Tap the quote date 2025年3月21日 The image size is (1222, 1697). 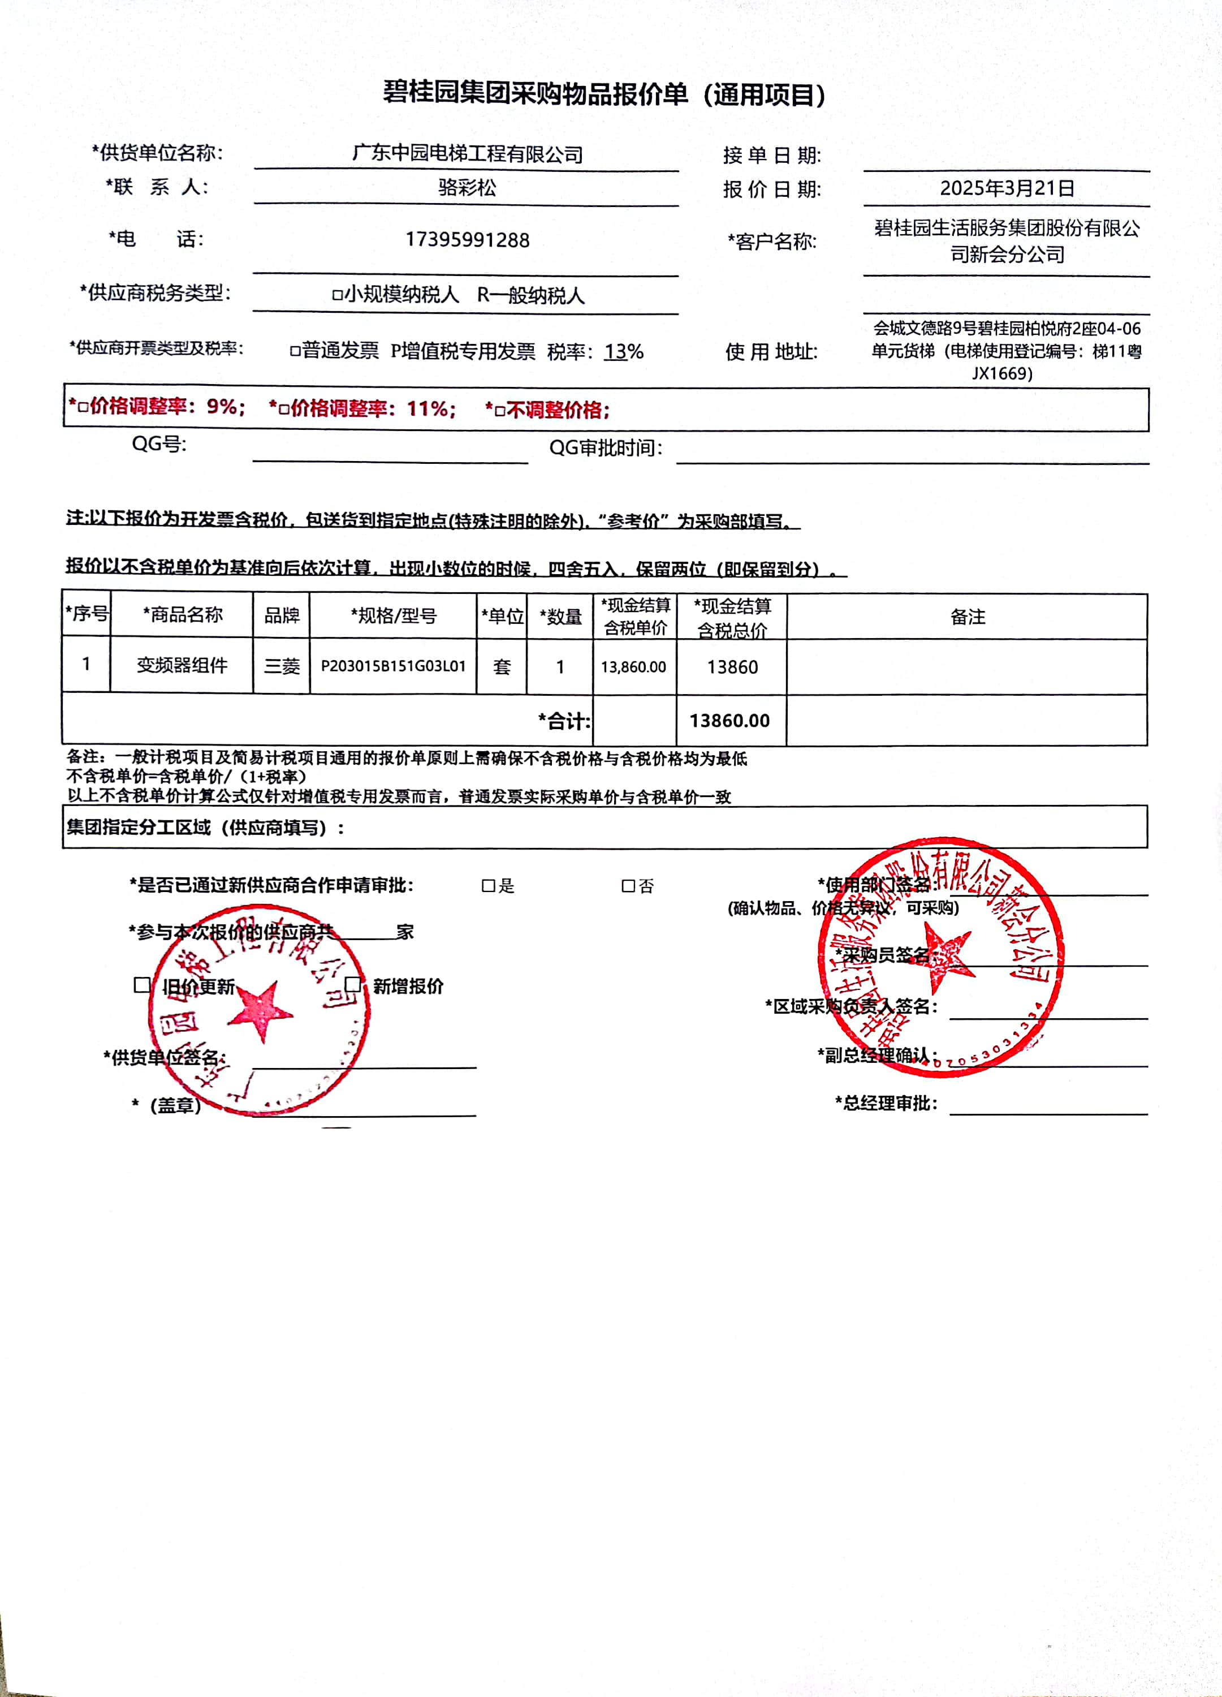click(1007, 188)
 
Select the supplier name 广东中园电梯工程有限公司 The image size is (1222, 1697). click(468, 154)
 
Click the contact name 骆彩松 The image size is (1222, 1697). click(468, 187)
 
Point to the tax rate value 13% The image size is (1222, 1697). click(624, 352)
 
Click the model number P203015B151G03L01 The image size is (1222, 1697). click(394, 666)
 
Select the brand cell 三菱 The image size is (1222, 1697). click(282, 666)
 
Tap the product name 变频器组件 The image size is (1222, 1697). click(182, 665)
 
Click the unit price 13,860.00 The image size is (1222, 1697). click(633, 667)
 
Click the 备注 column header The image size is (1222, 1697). click(968, 617)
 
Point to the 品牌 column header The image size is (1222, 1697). click(282, 615)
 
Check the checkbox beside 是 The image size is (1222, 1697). click(489, 886)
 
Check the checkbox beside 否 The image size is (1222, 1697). click(628, 886)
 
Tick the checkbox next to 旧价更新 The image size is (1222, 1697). click(142, 985)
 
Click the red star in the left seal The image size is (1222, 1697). click(259, 1010)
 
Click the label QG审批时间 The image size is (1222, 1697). click(606, 447)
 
